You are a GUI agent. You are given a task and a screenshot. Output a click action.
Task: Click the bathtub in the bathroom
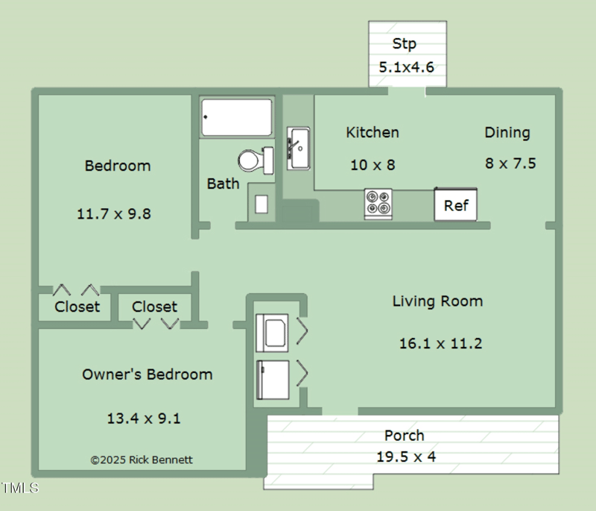237,117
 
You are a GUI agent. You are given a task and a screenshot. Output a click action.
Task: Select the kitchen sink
298,148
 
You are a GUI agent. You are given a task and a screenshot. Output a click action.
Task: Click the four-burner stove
378,203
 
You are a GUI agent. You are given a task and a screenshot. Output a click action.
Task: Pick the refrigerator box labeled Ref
455,205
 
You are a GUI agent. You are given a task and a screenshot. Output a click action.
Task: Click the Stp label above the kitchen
405,43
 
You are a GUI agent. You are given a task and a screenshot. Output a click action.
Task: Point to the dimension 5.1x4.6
406,66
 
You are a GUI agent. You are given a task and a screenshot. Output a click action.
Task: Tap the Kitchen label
372,132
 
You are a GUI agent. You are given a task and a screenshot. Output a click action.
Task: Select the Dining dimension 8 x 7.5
510,163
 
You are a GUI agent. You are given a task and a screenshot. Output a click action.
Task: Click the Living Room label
437,301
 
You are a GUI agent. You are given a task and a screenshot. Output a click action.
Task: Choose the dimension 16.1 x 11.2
440,343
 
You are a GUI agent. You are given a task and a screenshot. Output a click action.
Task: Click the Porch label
405,435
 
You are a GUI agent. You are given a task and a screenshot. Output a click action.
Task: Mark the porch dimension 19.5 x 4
406,457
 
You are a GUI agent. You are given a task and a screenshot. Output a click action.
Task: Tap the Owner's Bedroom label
147,374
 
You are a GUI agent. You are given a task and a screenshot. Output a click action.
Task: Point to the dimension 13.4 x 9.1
143,418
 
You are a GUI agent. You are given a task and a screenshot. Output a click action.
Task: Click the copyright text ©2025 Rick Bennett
142,460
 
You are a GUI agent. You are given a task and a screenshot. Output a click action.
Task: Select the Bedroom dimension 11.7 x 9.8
114,213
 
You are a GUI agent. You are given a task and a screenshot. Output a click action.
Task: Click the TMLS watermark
20,489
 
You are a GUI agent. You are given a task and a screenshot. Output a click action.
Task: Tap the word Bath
223,184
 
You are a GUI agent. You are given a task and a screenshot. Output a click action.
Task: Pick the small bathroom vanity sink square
261,204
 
